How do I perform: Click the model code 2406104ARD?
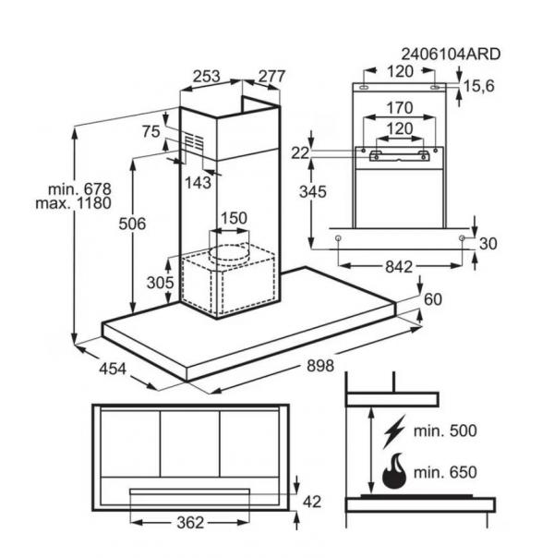click(451, 55)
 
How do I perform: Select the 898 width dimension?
click(320, 366)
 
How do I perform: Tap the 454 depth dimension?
click(113, 369)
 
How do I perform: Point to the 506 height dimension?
click(132, 224)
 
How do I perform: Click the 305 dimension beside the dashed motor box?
click(161, 283)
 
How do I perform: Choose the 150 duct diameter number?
click(234, 218)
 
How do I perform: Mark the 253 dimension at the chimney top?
click(207, 77)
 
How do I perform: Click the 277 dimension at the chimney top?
click(272, 77)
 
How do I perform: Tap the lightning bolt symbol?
click(394, 431)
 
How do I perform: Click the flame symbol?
click(394, 470)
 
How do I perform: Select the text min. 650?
click(445, 472)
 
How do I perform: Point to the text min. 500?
click(445, 431)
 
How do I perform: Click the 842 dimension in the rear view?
click(399, 267)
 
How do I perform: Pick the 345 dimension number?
click(313, 192)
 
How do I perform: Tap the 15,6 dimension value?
click(479, 87)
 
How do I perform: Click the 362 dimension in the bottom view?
click(190, 523)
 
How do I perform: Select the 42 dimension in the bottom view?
click(312, 503)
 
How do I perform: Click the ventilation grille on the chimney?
click(193, 141)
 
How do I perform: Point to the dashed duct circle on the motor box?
click(228, 252)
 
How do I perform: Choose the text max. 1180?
click(73, 203)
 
